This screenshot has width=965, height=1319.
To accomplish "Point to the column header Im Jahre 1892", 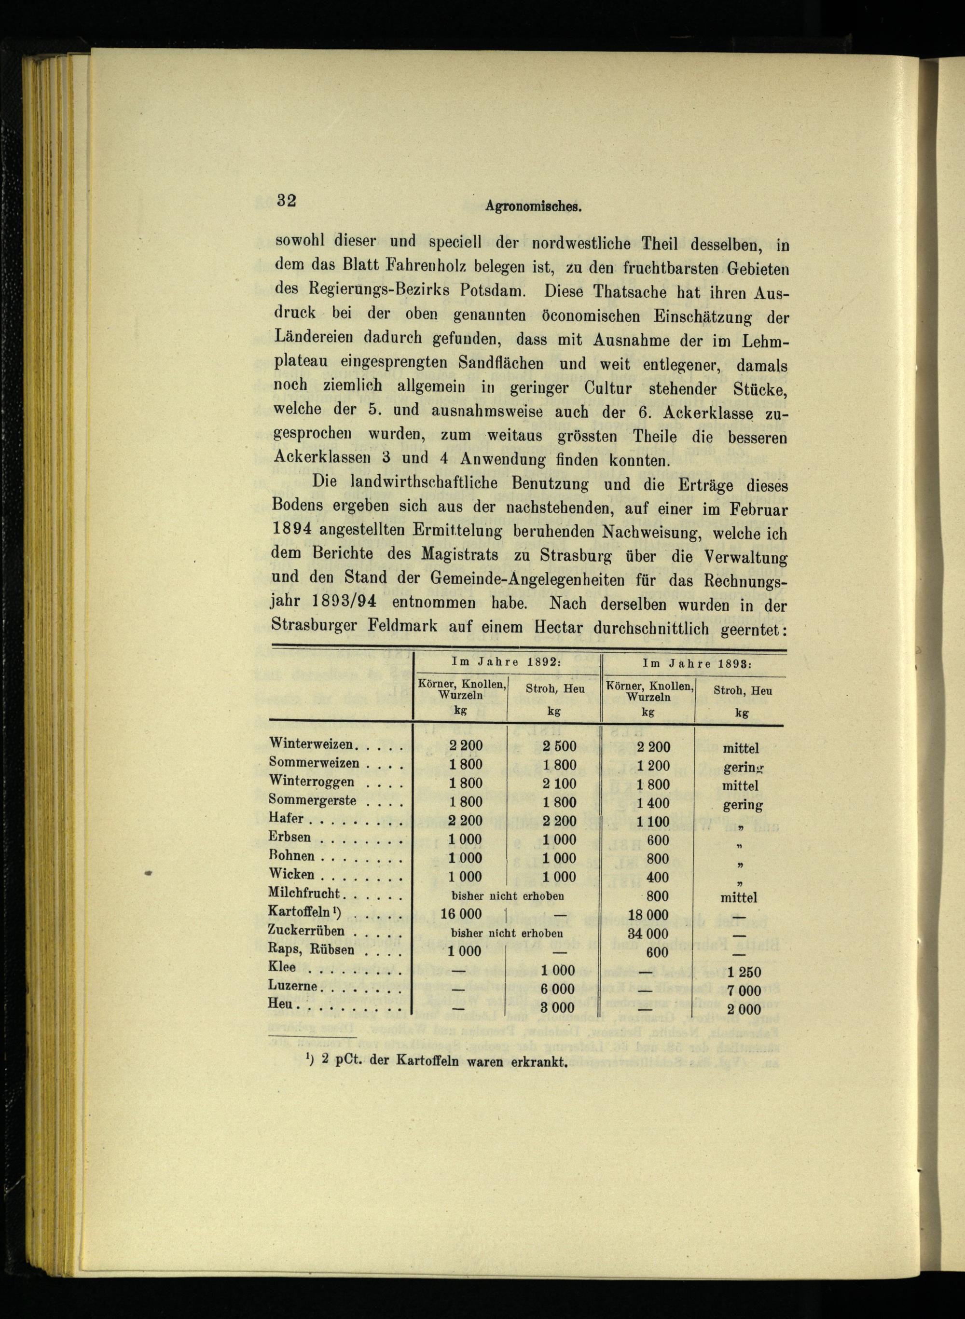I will coord(507,662).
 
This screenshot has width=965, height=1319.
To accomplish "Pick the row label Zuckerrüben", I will coord(306,931).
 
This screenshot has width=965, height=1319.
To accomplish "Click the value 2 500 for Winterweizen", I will coord(559,746).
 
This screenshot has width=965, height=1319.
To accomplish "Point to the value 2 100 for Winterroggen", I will coord(559,784).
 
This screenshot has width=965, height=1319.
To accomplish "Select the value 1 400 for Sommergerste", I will coord(653,803).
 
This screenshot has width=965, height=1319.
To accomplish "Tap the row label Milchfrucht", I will coord(304,894).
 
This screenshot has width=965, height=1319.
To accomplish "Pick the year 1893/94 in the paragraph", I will coord(344,602).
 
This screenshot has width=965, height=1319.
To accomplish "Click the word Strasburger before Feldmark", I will coord(314,626).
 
